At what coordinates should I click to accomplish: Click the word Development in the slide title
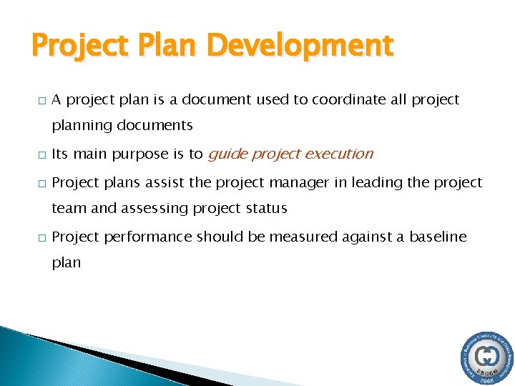click(x=300, y=46)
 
